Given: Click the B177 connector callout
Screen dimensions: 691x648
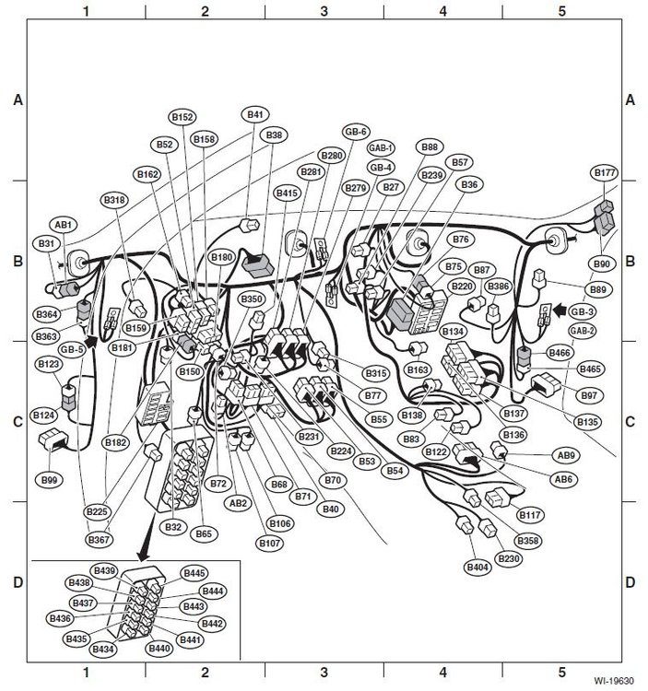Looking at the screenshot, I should tap(605, 172).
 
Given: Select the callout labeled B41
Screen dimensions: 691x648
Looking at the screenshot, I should tap(255, 115).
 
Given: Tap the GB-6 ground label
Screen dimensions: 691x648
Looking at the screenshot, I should tap(356, 131).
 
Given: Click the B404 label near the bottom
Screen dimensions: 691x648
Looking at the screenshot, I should tap(477, 567).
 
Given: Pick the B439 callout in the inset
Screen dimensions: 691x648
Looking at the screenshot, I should tap(104, 570).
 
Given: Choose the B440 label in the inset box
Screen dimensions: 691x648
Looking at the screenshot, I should tap(159, 649).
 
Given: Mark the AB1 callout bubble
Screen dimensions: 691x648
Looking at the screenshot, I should tap(64, 224).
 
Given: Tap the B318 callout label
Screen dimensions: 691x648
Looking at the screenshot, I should tap(115, 200).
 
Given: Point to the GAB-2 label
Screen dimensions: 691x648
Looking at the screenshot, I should tap(582, 330).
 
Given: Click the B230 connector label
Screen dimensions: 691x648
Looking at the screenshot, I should tap(508, 557).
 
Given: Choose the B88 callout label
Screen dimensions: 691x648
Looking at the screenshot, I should tap(430, 147).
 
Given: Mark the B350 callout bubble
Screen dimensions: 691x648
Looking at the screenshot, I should tap(252, 299).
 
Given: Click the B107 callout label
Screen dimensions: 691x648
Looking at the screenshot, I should tap(269, 542).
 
